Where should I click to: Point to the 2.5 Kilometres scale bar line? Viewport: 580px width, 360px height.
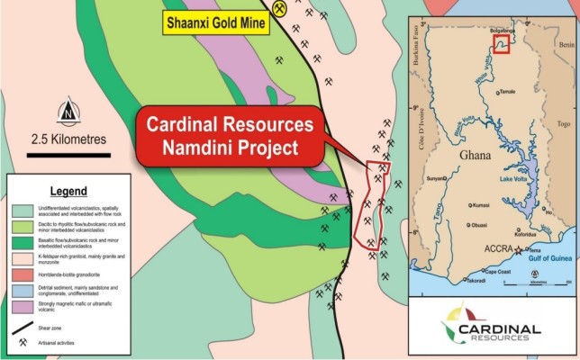coord(68,154)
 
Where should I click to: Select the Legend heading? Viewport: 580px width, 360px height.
coord(68,192)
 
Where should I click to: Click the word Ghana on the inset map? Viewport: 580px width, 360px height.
coord(475,155)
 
